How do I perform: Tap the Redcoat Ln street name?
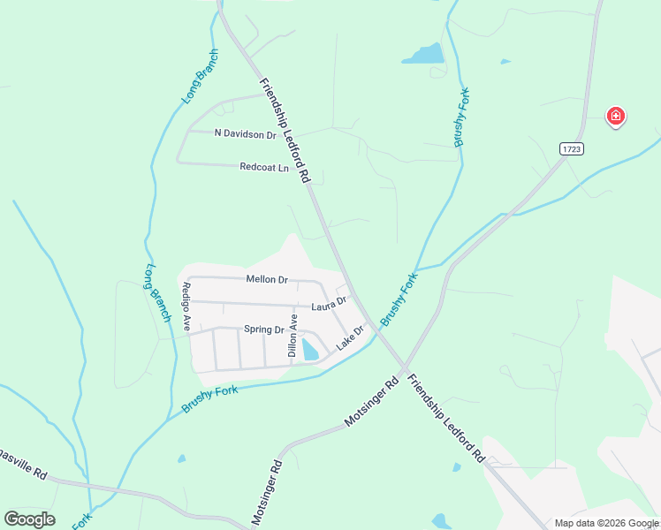[x=264, y=167]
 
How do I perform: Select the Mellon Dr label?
[x=267, y=280]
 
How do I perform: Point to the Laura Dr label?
[x=329, y=306]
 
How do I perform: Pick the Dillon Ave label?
[x=293, y=335]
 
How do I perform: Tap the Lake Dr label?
[x=351, y=336]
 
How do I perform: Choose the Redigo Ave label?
[x=186, y=306]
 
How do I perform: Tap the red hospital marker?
[x=615, y=116]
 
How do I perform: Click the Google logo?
[x=29, y=519]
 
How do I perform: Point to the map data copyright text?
[x=606, y=523]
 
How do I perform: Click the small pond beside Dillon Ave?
[x=310, y=350]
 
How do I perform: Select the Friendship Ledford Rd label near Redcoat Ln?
[x=285, y=130]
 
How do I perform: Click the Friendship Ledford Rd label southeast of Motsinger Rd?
[x=446, y=418]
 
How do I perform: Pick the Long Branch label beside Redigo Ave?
[x=156, y=292]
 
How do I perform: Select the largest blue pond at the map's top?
[x=423, y=54]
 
